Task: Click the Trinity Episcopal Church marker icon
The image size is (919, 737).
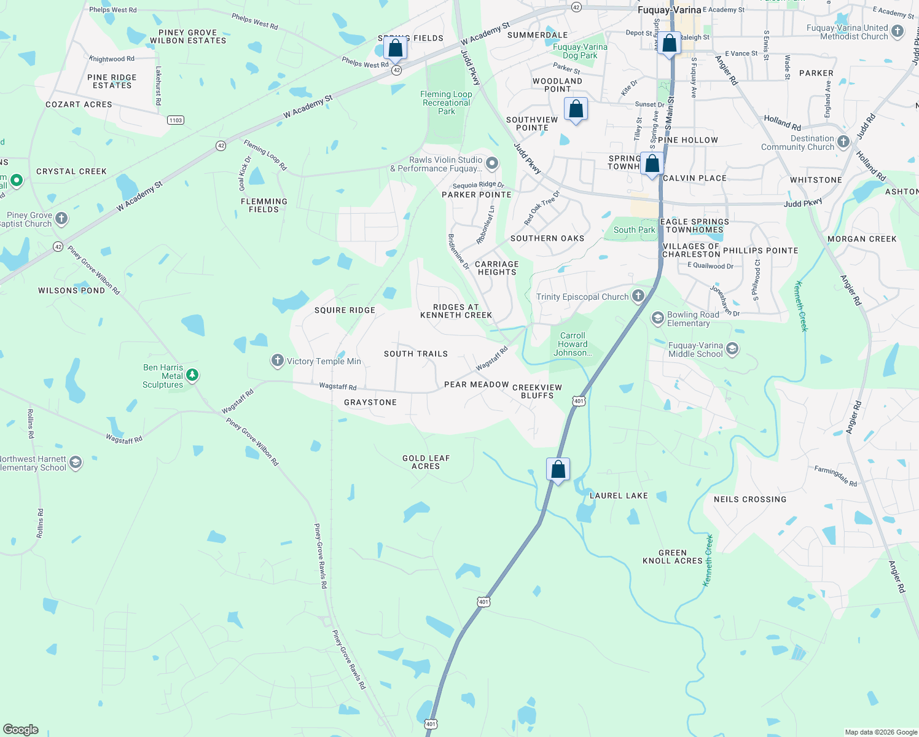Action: click(638, 296)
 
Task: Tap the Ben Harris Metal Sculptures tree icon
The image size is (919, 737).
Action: click(192, 375)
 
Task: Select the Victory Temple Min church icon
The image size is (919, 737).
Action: click(278, 361)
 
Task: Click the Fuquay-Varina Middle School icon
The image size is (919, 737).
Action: click(732, 349)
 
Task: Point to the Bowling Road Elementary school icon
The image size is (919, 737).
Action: click(658, 318)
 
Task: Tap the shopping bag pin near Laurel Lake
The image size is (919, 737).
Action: click(558, 470)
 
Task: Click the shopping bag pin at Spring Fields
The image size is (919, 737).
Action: click(395, 48)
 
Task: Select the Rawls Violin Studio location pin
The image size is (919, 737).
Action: click(491, 163)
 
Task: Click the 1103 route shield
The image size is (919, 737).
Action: click(176, 120)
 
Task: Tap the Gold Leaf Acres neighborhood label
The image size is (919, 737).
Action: click(426, 462)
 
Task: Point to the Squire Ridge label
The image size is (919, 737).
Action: click(345, 310)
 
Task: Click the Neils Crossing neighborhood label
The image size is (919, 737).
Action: click(749, 499)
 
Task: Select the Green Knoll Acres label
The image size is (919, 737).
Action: click(672, 556)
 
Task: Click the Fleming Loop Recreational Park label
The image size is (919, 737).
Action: click(446, 103)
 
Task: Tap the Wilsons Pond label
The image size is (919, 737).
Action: click(71, 291)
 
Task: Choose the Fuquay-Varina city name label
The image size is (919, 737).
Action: click(669, 10)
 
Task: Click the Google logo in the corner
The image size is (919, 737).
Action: click(20, 729)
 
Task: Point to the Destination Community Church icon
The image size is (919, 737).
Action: click(843, 142)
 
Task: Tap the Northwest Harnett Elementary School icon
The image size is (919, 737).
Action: click(76, 462)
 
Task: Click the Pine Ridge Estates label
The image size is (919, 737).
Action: click(112, 81)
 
